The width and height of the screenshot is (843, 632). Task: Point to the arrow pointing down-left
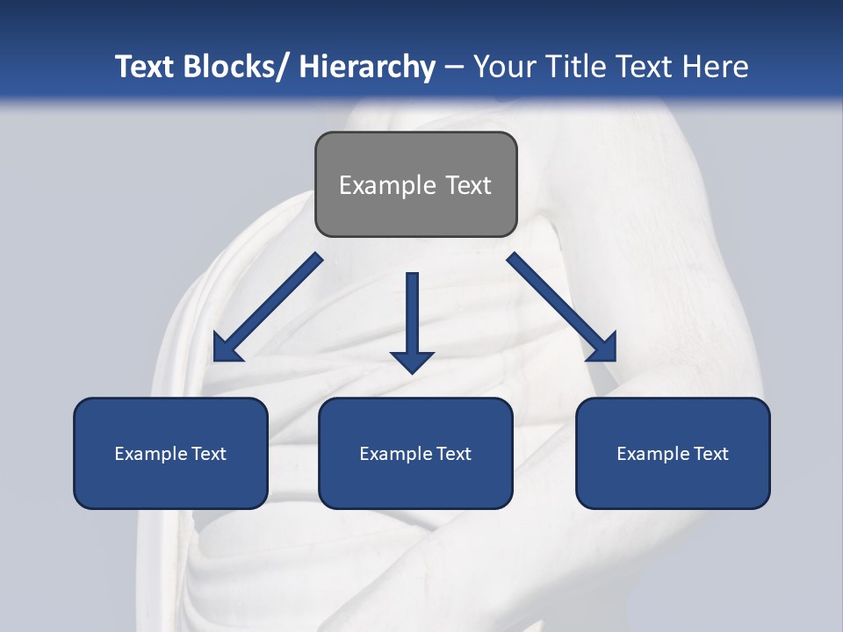tap(268, 307)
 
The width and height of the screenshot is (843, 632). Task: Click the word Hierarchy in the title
tap(367, 67)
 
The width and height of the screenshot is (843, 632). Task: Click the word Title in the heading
tap(580, 67)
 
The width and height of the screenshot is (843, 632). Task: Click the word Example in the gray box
tap(387, 185)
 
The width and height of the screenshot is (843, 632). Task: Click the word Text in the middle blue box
tap(453, 454)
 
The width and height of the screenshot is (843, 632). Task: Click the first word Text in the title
tap(146, 67)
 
